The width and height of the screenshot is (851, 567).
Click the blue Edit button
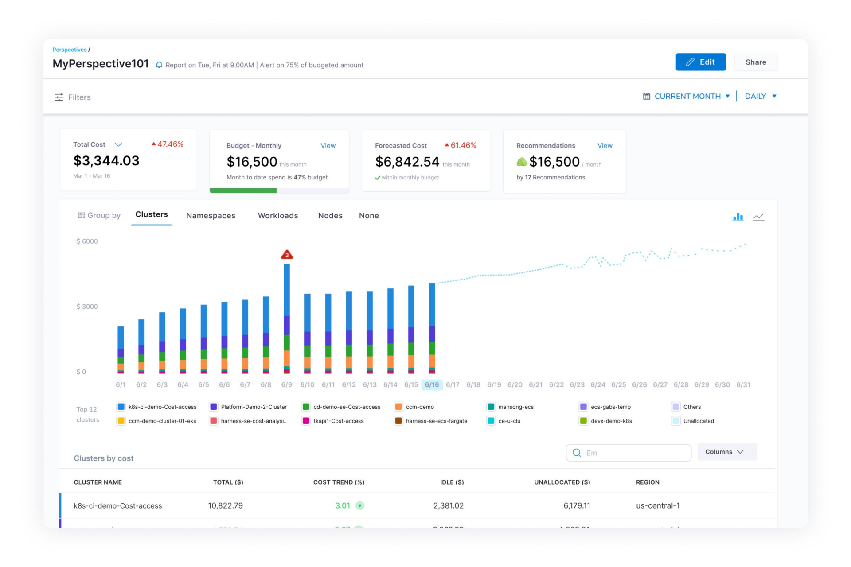pos(700,62)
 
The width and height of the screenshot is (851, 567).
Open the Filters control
pos(73,97)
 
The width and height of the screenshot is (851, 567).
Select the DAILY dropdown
pos(760,96)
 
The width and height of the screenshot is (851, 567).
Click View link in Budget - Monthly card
pos(328,146)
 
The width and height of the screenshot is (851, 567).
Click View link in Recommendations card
pos(605,146)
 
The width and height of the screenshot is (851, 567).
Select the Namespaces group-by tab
pos(211,216)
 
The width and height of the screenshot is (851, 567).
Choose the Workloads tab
pos(278,216)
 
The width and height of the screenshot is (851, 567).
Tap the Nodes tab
pos(330,216)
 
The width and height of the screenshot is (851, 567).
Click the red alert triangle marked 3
pos(287,255)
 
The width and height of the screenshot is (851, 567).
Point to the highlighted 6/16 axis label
pos(432,384)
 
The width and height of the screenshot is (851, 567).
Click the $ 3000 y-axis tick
pos(87,307)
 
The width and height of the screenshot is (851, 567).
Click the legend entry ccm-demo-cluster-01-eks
pos(162,421)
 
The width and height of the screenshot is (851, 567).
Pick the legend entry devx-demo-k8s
pos(611,421)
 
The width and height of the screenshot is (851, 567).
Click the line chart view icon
pos(758,217)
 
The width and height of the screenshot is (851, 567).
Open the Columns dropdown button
pos(727,452)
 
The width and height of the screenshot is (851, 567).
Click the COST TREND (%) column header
pos(339,482)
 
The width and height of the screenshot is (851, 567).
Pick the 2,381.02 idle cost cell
pos(448,506)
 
